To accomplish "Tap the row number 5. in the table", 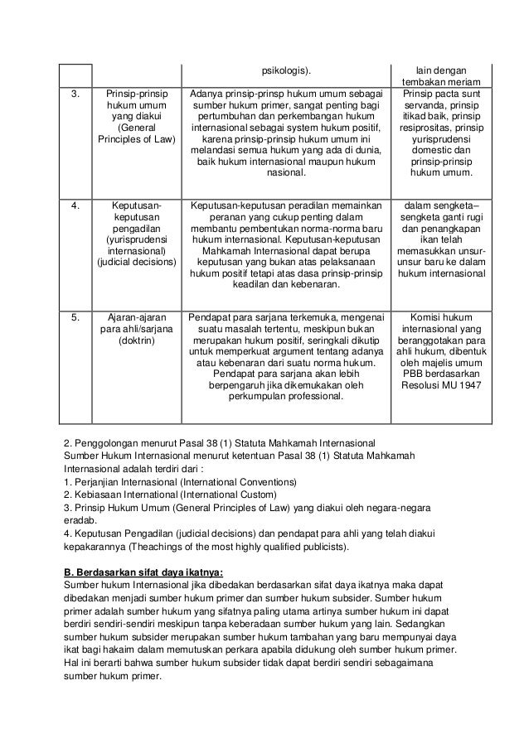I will coord(77,316).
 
